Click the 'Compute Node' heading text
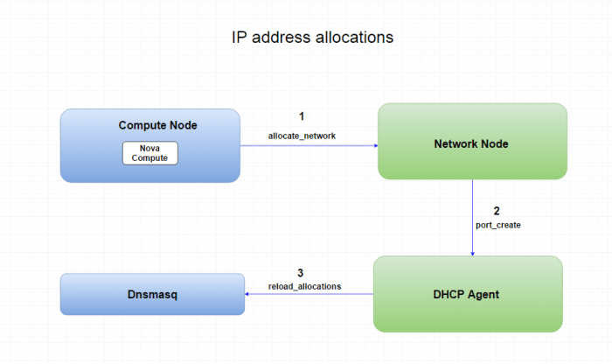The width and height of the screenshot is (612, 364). [157, 125]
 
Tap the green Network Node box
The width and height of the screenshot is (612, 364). [472, 141]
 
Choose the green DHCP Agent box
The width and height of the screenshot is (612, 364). [468, 294]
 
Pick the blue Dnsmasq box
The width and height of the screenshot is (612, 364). [152, 295]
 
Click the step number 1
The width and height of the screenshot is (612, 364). [301, 115]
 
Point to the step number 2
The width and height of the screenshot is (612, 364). [497, 211]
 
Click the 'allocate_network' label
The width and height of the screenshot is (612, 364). [301, 135]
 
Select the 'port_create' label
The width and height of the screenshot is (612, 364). [498, 226]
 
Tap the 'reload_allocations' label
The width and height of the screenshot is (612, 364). [304, 286]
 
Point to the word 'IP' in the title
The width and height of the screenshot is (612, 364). [239, 38]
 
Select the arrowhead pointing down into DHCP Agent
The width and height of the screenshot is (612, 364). [473, 252]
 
